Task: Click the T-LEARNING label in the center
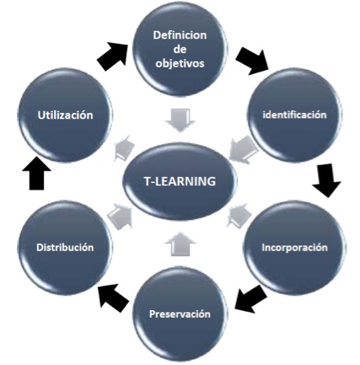tap(180, 181)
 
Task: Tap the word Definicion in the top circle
tap(180, 35)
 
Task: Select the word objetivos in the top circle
tap(180, 63)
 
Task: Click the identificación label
tap(294, 115)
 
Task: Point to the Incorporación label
tap(294, 248)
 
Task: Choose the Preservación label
tap(180, 314)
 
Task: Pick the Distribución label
tap(65, 247)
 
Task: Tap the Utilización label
tap(65, 115)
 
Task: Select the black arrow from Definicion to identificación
tap(252, 61)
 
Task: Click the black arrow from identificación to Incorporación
tap(326, 180)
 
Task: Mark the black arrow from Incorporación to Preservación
tap(250, 298)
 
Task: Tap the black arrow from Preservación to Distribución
tap(113, 298)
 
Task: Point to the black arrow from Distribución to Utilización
tap(36, 173)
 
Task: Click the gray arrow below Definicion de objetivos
tap(180, 121)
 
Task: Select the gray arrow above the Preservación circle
tap(180, 244)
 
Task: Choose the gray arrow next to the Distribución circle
tap(121, 215)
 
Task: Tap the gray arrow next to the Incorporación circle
tap(239, 216)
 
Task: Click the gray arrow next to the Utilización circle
tap(124, 148)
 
